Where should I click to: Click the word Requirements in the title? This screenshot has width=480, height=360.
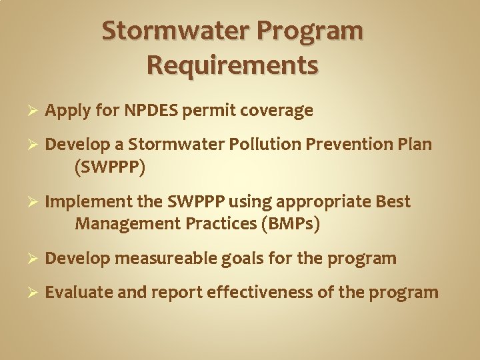pos(232,65)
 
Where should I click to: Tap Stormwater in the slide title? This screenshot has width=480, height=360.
pos(175,31)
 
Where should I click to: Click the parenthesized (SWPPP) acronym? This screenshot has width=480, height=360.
pos(110,167)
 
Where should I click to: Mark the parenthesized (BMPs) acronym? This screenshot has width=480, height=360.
pos(291,225)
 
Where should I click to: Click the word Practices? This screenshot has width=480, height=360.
pos(216,225)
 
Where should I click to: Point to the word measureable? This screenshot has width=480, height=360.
pos(164,258)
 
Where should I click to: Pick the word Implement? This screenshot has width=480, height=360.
pos(81,201)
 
